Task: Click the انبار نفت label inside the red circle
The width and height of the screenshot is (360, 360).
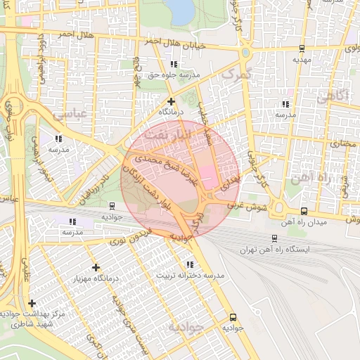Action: click(x=181, y=134)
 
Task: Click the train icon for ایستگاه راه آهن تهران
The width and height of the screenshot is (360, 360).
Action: click(x=274, y=239)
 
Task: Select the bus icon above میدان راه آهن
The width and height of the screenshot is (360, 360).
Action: click(x=304, y=211)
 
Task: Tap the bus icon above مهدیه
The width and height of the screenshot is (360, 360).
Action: click(x=302, y=49)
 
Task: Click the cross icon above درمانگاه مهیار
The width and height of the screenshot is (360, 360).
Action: click(x=96, y=267)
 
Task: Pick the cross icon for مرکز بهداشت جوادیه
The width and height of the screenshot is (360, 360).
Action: click(x=32, y=303)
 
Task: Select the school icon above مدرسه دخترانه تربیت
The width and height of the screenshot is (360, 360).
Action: click(x=190, y=264)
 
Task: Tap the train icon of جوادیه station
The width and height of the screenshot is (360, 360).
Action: click(x=112, y=206)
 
